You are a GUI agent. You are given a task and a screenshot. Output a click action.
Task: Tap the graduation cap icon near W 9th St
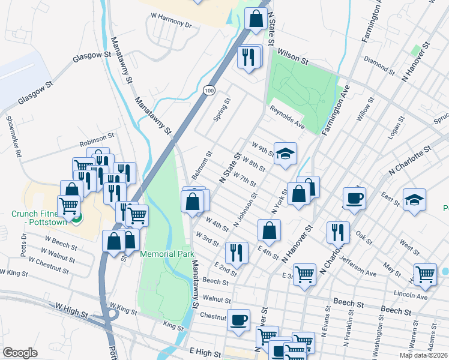click(x=286, y=153)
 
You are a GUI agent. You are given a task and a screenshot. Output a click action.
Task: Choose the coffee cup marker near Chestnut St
click(x=240, y=320)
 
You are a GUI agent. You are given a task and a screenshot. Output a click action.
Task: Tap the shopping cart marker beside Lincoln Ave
click(x=425, y=274)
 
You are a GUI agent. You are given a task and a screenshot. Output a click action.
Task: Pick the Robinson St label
click(x=97, y=142)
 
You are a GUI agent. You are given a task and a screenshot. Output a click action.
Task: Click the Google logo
click(x=20, y=352)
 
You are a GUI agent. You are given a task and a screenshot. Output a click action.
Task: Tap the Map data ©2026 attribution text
click(x=423, y=355)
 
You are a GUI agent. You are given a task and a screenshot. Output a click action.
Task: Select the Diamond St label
click(x=379, y=65)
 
